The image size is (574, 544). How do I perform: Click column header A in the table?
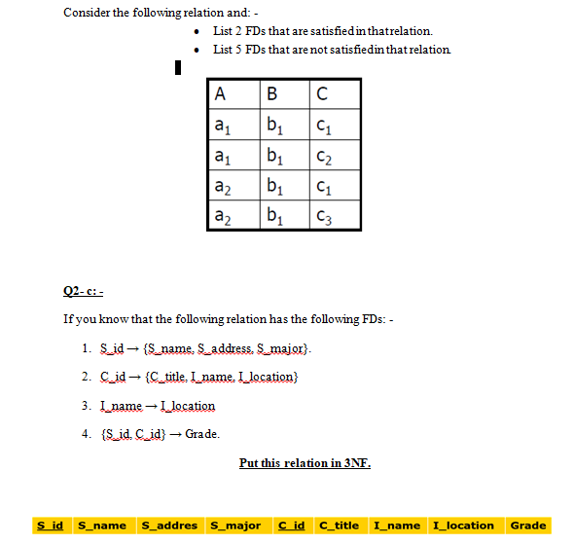(x=220, y=95)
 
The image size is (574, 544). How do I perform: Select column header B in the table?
(x=271, y=95)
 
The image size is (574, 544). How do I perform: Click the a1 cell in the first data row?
(x=223, y=125)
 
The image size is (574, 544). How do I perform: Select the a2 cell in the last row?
(x=223, y=215)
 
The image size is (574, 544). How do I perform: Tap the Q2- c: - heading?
(x=83, y=290)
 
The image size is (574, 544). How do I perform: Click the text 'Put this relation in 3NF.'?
(x=305, y=462)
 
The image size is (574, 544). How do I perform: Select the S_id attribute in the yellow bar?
(x=50, y=526)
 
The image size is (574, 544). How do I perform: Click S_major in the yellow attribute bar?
(x=233, y=526)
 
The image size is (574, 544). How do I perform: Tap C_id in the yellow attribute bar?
(x=291, y=526)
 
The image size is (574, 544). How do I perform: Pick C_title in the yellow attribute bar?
(x=340, y=526)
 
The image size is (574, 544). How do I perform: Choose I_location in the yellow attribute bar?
(x=463, y=526)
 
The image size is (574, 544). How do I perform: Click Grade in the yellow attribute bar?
(x=528, y=526)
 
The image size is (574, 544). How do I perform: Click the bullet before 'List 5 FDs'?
(x=198, y=49)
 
